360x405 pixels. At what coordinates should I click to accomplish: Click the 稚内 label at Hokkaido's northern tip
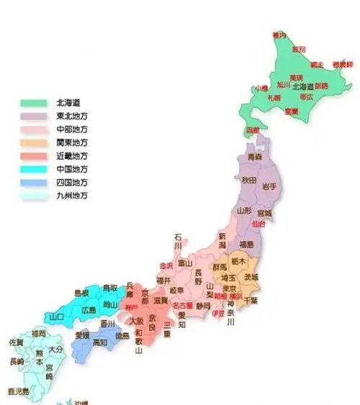coord(279,35)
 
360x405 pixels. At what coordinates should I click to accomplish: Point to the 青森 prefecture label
coord(255,156)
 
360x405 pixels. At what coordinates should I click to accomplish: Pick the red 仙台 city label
coord(258,224)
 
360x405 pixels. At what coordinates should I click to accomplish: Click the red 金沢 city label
coord(166,265)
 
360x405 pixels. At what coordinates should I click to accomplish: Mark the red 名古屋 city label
coord(182,306)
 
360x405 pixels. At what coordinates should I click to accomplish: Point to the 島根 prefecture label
coord(83,293)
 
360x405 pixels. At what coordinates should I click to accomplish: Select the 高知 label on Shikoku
coord(99,342)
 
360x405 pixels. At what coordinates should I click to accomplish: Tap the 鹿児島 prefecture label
coord(18,391)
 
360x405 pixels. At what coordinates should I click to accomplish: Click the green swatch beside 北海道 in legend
coord(32,102)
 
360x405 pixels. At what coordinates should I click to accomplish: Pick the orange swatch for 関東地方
coord(32,142)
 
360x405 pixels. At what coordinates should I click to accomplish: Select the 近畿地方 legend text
coord(72,155)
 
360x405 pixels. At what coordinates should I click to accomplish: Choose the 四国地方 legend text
coord(72,182)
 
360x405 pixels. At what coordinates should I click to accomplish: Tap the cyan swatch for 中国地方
coord(32,169)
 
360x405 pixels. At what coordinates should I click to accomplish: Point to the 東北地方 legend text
coord(72,116)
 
